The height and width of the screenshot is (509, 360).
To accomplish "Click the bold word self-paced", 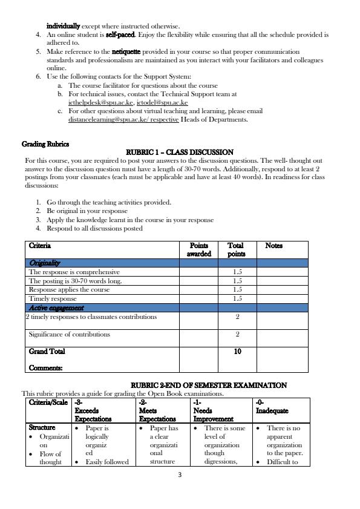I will click(120, 36).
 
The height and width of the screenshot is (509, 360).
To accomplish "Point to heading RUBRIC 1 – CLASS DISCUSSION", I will click(179, 152).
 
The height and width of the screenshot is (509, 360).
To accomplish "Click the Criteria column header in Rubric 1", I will click(40, 246).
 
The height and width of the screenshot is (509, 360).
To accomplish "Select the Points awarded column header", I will click(199, 250).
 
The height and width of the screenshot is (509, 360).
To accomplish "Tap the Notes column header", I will click(273, 246).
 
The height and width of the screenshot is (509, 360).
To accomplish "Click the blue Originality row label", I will click(45, 263).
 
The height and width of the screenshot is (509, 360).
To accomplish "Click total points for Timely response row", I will click(237, 299).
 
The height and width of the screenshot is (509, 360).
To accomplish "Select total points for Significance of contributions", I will click(237, 334).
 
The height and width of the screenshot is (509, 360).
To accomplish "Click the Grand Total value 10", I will click(237, 351).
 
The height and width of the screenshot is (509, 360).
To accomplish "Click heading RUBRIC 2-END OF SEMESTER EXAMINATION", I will click(209, 386).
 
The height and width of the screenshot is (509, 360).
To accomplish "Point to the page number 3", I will click(180, 475).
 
